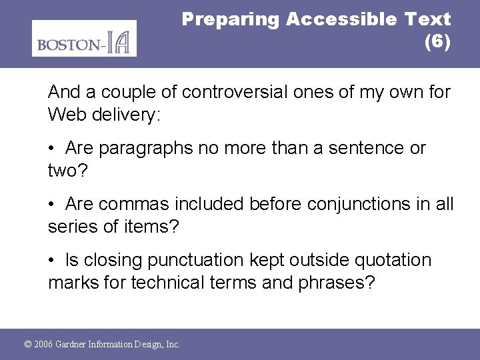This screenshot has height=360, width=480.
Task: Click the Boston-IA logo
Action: pos(84,39)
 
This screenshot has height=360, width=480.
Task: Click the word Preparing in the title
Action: pos(231,19)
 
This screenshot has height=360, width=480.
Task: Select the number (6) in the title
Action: pos(437,42)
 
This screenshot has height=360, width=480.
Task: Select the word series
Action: pos(71,227)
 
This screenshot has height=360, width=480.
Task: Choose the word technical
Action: pos(168,283)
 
